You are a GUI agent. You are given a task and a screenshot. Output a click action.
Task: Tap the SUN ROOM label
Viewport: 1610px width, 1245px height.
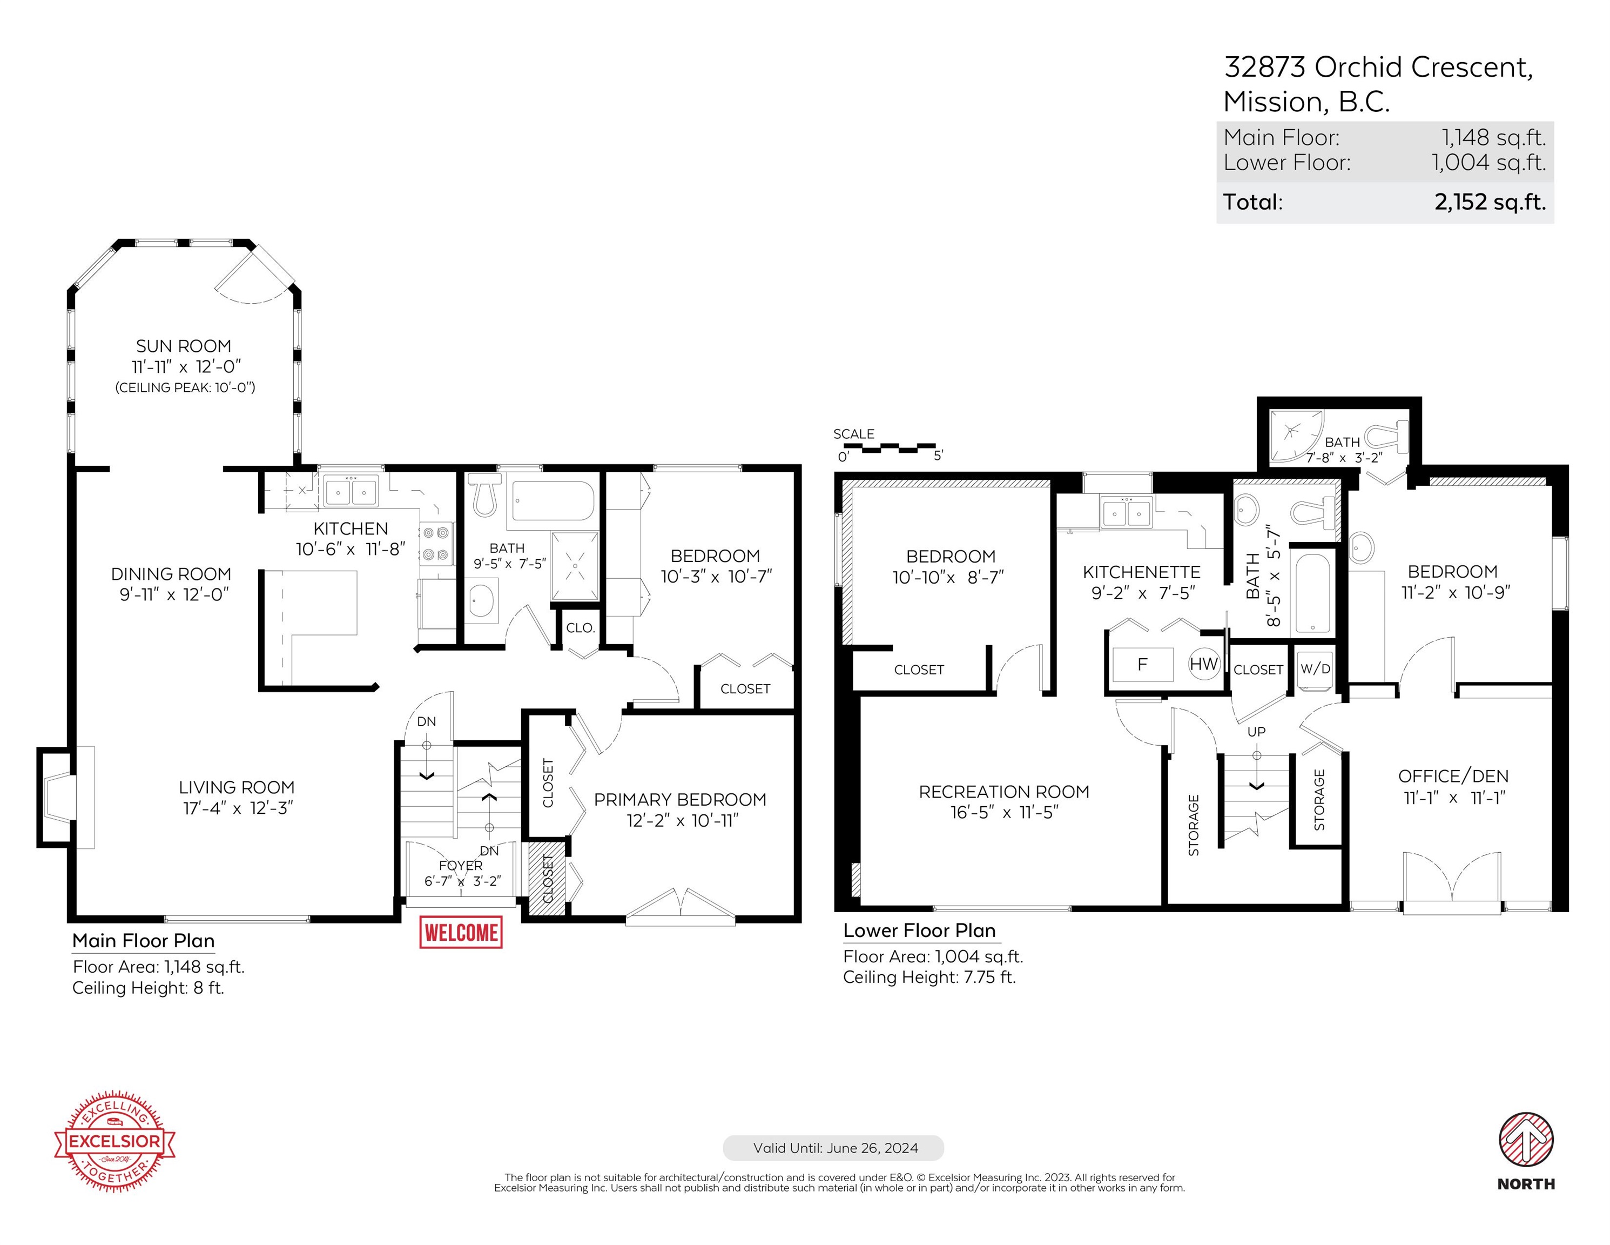(x=184, y=346)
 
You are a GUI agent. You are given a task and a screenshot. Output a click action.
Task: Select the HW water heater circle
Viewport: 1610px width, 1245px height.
(x=1203, y=664)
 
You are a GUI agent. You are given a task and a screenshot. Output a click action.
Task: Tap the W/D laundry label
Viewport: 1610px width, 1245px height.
(x=1315, y=668)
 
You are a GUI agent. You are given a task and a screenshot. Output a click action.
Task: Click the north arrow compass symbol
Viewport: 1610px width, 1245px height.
(x=1526, y=1140)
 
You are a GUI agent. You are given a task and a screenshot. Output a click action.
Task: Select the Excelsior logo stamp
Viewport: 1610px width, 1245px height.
(x=115, y=1141)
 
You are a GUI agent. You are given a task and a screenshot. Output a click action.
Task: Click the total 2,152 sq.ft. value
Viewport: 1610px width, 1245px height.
(x=1490, y=202)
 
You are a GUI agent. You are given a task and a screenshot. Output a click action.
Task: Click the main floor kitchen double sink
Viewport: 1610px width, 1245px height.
(x=351, y=491)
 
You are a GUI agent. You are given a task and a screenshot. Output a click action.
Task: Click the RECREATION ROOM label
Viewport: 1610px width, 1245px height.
(x=1003, y=792)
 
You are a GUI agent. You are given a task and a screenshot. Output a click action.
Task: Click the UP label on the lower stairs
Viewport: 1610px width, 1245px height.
(x=1256, y=732)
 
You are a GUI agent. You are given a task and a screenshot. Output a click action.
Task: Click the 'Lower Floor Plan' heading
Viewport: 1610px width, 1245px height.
(x=919, y=931)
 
